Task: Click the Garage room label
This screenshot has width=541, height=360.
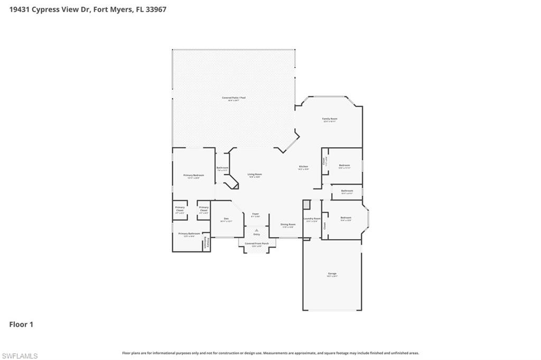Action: (x=331, y=273)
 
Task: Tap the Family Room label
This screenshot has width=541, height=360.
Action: (x=330, y=119)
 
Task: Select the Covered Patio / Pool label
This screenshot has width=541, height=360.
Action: (x=233, y=98)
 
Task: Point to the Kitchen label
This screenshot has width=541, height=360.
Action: (x=303, y=167)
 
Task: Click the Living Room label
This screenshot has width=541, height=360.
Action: (x=255, y=174)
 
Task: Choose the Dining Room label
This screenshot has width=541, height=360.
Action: (x=288, y=224)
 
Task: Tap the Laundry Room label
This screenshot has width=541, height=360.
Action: (x=312, y=219)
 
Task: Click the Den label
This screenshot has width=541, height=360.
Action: (x=226, y=219)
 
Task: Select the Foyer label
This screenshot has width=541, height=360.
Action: (x=255, y=214)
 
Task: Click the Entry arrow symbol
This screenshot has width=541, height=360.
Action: (x=256, y=231)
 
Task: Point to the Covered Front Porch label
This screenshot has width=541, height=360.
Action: (x=256, y=244)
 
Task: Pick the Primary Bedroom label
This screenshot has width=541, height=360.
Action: (x=193, y=175)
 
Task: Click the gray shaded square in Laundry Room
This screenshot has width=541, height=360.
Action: (x=306, y=204)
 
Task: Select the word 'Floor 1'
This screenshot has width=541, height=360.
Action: (x=21, y=325)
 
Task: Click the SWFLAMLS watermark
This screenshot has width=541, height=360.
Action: (x=20, y=356)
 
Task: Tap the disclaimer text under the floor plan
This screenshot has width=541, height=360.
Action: (x=270, y=353)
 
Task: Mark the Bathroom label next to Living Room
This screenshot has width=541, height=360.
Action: (x=222, y=168)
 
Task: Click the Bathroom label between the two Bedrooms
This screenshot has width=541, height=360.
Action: (x=347, y=191)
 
